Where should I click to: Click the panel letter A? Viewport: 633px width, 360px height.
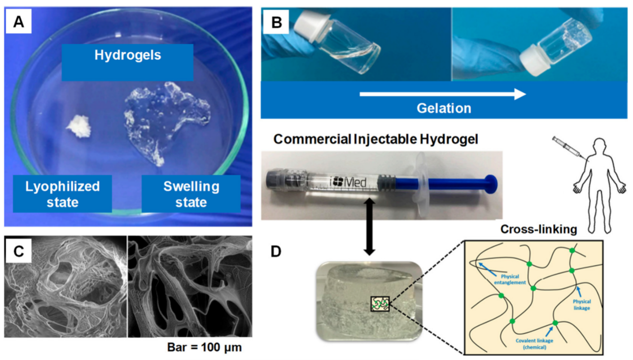point(19,22)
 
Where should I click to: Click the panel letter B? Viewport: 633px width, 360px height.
point(276,22)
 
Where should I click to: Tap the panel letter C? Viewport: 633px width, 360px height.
point(19,251)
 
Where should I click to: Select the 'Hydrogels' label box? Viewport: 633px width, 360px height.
point(127,62)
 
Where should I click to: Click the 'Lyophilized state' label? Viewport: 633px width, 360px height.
point(62,194)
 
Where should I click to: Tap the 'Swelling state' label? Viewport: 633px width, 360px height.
point(191,194)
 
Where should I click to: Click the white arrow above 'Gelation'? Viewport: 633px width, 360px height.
point(442,94)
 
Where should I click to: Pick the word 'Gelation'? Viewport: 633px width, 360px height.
point(444,108)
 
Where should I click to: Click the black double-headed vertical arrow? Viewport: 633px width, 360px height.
point(369,227)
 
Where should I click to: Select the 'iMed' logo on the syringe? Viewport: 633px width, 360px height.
point(348,182)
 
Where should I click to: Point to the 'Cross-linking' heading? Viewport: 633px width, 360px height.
point(539,229)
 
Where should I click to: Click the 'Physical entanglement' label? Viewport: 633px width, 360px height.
point(510,279)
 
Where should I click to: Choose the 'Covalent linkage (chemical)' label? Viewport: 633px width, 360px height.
point(534,343)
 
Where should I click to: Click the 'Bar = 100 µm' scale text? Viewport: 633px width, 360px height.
point(204,347)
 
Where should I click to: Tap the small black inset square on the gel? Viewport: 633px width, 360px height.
point(380,304)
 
